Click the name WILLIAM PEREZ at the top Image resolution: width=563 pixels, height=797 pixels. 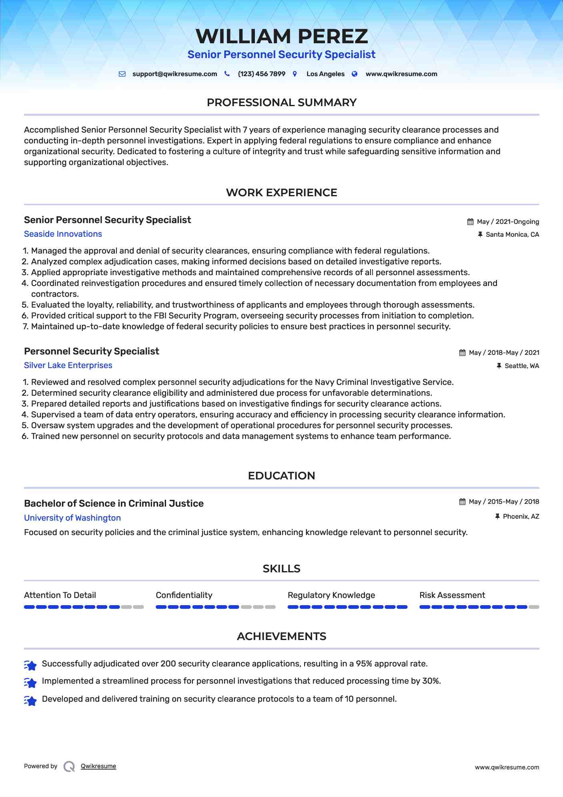tap(281, 36)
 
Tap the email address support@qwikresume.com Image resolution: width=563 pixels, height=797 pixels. tap(174, 74)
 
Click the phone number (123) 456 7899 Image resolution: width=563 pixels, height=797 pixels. tap(261, 74)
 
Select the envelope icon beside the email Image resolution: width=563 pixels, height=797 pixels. tap(122, 74)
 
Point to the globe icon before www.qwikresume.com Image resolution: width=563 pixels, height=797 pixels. tap(355, 74)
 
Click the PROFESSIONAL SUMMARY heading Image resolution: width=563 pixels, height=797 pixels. tap(281, 103)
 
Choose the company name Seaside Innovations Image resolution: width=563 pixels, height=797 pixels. tap(63, 234)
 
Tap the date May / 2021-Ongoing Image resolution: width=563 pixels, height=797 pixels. tap(508, 222)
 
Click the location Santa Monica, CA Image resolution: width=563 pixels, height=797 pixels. tap(512, 235)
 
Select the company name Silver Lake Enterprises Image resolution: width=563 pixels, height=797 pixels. tap(68, 365)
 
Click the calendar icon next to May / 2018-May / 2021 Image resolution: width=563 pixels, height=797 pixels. tap(462, 353)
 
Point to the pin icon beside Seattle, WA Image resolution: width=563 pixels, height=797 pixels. tap(499, 366)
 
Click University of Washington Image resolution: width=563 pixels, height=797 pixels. tap(72, 518)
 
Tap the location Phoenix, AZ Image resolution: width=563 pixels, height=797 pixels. tap(521, 517)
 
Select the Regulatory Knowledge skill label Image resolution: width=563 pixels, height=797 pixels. tap(331, 595)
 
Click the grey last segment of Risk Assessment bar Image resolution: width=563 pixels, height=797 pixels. tap(534, 607)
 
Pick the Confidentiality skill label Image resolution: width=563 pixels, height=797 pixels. tap(184, 595)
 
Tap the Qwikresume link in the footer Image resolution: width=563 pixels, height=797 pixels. tap(98, 766)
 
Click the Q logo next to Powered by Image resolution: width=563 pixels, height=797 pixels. tap(69, 767)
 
